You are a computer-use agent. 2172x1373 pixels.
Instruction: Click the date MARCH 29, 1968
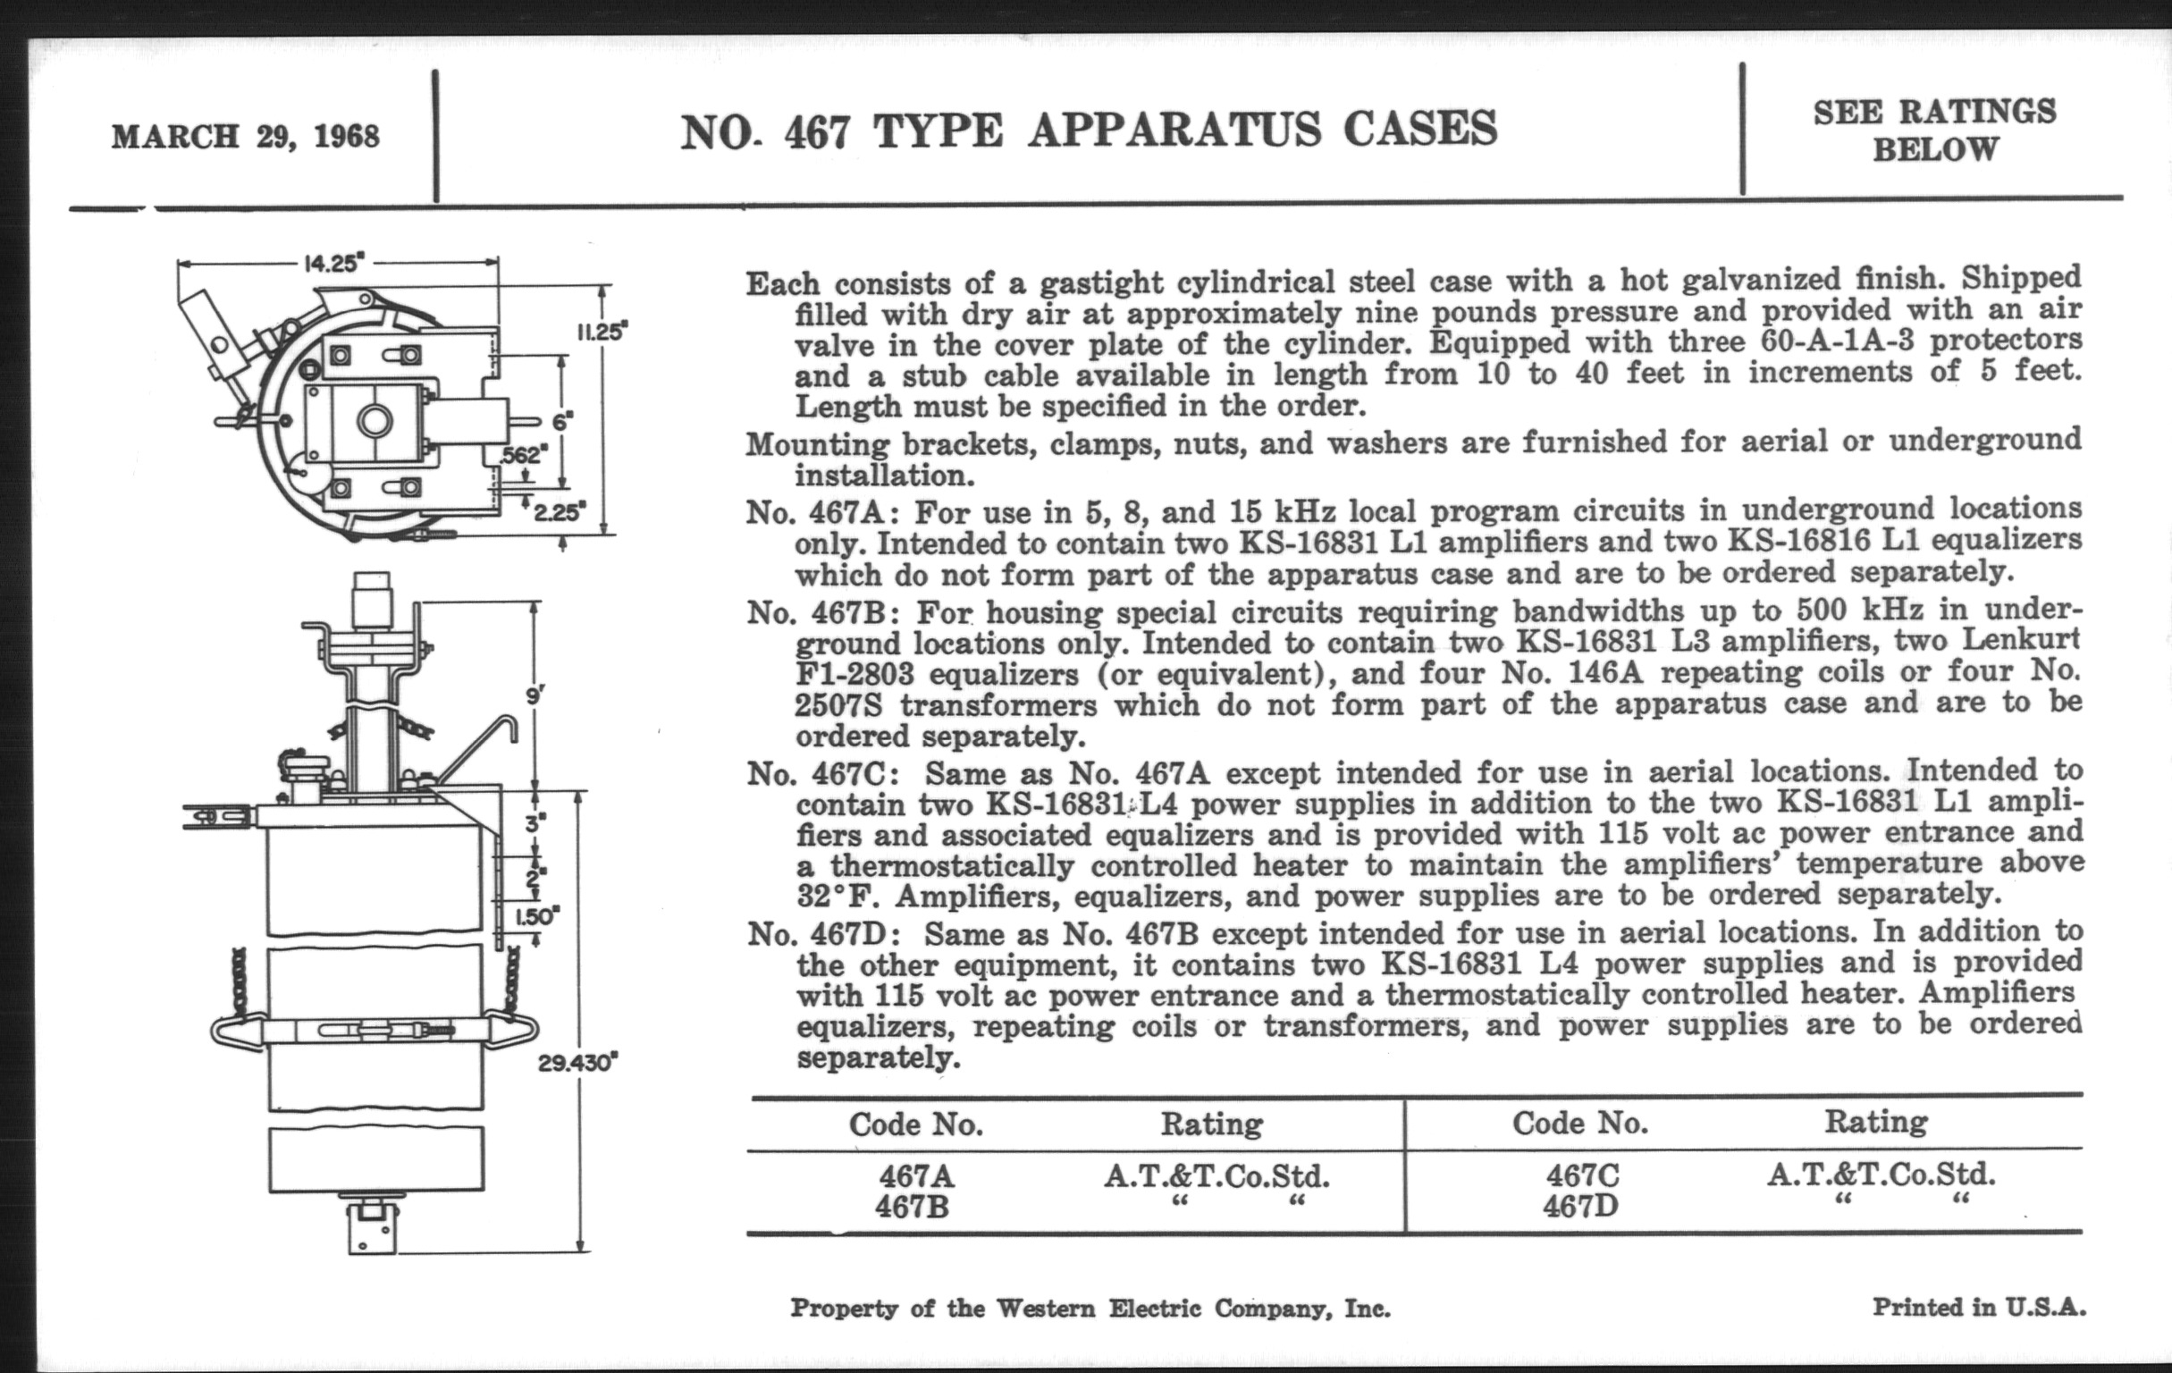point(245,137)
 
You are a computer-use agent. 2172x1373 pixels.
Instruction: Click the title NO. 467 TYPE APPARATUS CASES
point(1089,131)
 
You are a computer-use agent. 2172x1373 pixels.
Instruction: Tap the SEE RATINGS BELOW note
point(1935,130)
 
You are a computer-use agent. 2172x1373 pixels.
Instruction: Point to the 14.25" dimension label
point(334,264)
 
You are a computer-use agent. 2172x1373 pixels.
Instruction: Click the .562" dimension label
point(522,455)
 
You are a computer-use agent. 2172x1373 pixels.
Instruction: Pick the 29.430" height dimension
point(577,1063)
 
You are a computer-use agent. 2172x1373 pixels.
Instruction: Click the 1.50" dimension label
point(537,917)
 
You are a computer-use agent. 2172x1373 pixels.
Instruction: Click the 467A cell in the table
point(915,1176)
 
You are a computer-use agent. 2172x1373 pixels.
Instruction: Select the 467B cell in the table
point(912,1207)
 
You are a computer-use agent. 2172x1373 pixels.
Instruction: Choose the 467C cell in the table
point(1582,1175)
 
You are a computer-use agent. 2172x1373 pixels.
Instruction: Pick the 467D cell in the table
point(1580,1206)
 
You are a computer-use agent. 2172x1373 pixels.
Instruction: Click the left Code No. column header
point(915,1124)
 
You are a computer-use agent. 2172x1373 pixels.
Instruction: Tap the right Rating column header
point(1876,1121)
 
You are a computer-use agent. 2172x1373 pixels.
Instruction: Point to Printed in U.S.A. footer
point(1979,1306)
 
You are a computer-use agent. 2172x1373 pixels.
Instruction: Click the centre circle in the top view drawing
point(375,420)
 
